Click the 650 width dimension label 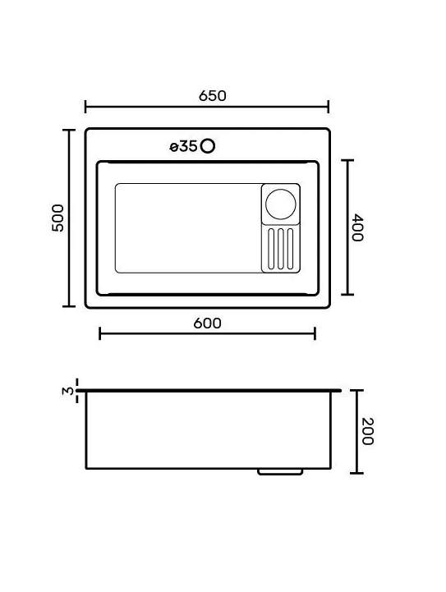(x=213, y=96)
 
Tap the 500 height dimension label (x=58, y=218)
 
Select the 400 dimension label (x=356, y=227)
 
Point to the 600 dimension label (x=207, y=324)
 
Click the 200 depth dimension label (x=367, y=431)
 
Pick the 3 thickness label (x=68, y=391)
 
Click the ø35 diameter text (x=183, y=146)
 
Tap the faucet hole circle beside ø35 (x=208, y=145)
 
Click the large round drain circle (x=281, y=204)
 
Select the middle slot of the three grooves (x=281, y=249)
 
